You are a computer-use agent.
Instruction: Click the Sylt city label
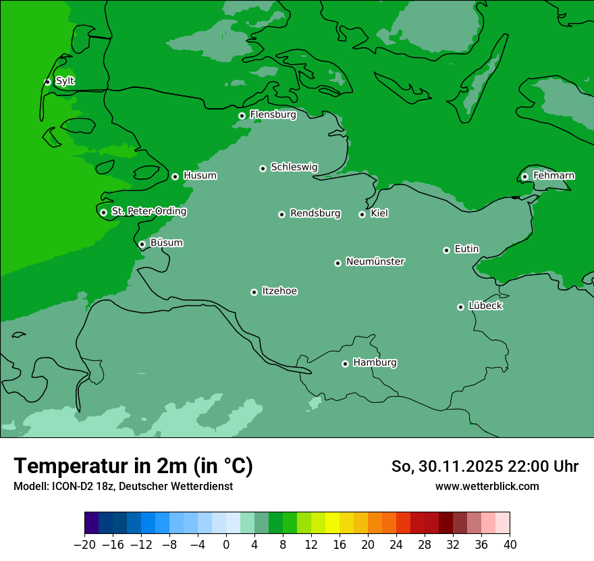click(65, 81)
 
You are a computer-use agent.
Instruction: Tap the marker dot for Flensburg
click(242, 116)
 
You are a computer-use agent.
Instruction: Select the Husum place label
click(200, 176)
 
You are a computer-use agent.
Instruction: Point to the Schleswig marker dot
click(263, 168)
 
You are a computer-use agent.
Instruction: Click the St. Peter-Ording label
click(148, 212)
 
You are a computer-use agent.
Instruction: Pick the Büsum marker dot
click(142, 244)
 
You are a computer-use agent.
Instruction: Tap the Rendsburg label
click(315, 214)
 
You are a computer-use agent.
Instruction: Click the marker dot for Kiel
click(362, 214)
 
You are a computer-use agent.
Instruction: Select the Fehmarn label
click(553, 176)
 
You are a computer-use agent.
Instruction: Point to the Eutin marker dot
click(446, 250)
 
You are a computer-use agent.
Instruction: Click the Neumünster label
click(375, 262)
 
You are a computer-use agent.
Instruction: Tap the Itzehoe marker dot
click(254, 292)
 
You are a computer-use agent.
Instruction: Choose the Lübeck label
click(485, 306)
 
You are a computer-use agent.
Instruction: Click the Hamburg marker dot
click(345, 364)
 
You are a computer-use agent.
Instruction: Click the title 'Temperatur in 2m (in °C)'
click(133, 466)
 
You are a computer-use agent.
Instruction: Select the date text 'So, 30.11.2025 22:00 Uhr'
click(485, 466)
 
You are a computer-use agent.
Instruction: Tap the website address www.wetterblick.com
click(487, 486)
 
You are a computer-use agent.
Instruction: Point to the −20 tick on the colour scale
click(84, 544)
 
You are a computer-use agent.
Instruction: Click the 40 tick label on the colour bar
click(510, 544)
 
